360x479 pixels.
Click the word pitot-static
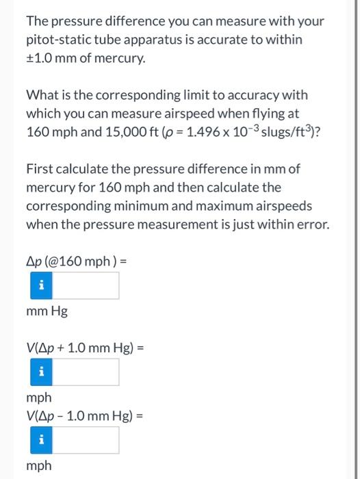[55, 40]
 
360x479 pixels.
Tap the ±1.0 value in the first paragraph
[40, 59]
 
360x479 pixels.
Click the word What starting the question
[42, 95]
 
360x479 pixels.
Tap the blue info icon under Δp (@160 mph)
[40, 285]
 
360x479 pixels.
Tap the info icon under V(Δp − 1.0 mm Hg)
[40, 440]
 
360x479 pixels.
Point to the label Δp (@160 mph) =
[77, 261]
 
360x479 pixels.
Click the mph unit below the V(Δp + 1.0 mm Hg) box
[38, 397]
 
